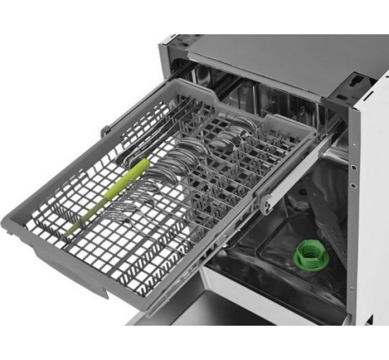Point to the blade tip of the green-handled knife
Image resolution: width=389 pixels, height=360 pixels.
(x=66, y=234)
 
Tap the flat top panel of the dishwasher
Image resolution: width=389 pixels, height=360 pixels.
(x=275, y=63)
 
